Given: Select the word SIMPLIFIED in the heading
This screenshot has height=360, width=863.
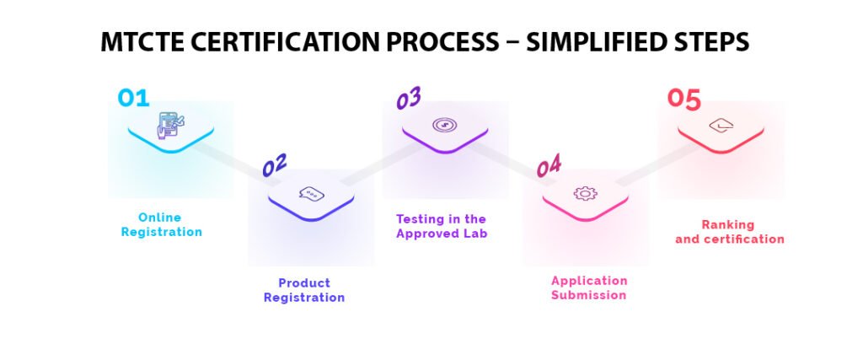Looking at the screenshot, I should coord(597,42).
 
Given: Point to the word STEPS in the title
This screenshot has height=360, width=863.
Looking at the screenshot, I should coord(714,42).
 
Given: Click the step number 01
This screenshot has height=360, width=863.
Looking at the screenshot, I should coord(133,98).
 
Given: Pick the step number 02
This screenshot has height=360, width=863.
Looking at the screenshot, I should coord(275,165).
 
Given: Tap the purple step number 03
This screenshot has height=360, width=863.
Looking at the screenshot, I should coord(409,99).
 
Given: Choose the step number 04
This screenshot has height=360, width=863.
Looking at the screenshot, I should coord(549,165).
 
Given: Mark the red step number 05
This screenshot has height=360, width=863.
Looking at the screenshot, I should coord(683,99).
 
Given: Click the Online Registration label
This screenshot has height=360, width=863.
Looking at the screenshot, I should coord(161,225).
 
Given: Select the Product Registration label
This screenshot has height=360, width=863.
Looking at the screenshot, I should coord(304,290).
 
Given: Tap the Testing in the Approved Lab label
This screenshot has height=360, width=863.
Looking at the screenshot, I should coord(442,226).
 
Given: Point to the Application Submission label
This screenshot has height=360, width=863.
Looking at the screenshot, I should coord(589,287).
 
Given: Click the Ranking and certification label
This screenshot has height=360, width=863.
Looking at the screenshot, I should coord(729,232).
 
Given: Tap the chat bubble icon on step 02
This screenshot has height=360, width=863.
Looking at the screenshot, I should coord(311,194).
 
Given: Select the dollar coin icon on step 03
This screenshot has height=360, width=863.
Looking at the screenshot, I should coord(444,126).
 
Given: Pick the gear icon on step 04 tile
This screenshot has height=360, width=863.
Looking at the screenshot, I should coord(584,193).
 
